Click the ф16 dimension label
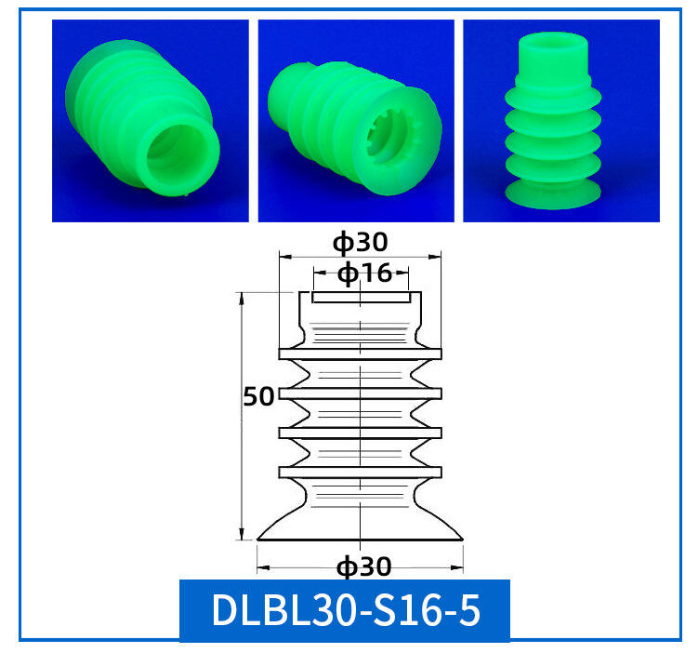(x=364, y=273)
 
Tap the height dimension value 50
(x=258, y=396)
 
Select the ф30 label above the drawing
(x=361, y=243)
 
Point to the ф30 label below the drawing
(x=363, y=567)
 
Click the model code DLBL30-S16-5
(x=346, y=610)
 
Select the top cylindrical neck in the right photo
(x=553, y=56)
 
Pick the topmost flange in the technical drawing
(x=360, y=353)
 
